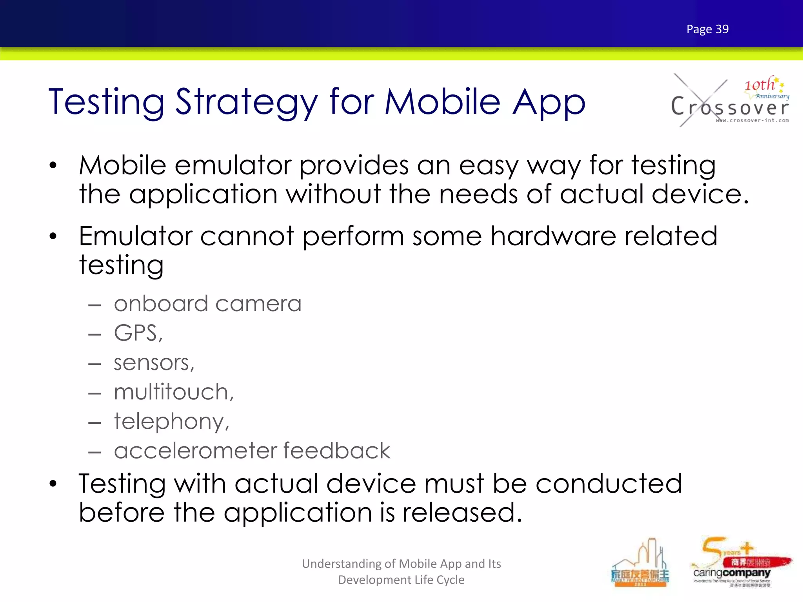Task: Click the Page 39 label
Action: pyautogui.click(x=707, y=29)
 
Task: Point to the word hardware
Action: pyautogui.click(x=553, y=236)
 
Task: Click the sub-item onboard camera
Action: pyautogui.click(x=207, y=304)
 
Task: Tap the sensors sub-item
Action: pyautogui.click(x=154, y=363)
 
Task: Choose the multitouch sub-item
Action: pyautogui.click(x=174, y=392)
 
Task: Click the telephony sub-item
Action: pyautogui.click(x=171, y=421)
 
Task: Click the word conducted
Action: pyautogui.click(x=609, y=484)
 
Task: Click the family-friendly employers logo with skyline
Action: pyautogui.click(x=640, y=564)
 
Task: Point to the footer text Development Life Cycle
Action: pyautogui.click(x=401, y=580)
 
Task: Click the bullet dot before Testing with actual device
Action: pyautogui.click(x=53, y=484)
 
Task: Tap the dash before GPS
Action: pyautogui.click(x=94, y=335)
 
